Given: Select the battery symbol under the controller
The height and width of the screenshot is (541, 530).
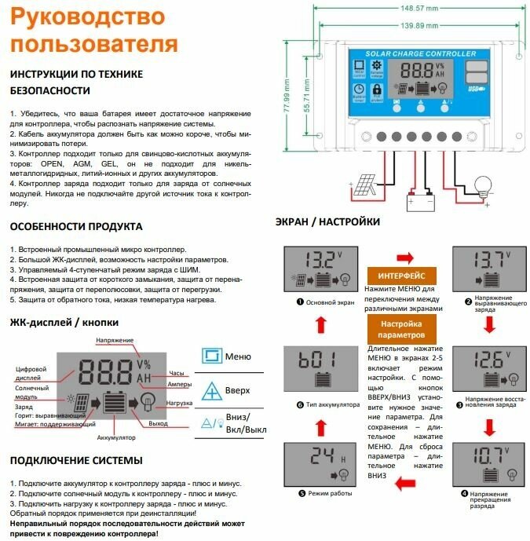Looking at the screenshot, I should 419,201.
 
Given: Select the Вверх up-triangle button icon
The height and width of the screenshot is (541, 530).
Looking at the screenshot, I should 212,390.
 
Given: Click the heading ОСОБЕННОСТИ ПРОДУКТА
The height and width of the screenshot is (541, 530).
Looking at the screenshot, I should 76,226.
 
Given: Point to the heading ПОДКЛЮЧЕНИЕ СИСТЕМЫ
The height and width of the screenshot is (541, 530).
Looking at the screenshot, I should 76,459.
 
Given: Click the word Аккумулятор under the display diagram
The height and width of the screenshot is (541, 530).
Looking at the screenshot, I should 116,437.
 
